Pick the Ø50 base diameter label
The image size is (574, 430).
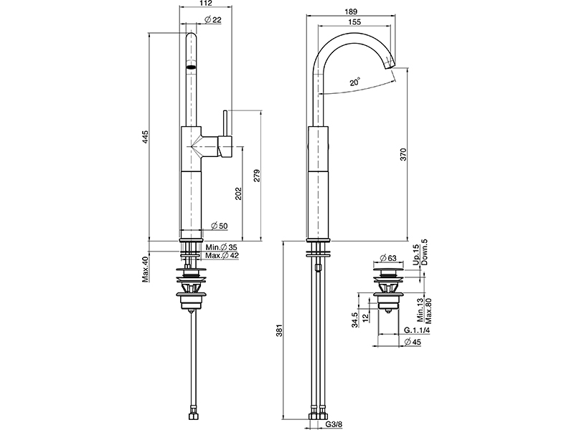tap(219, 226)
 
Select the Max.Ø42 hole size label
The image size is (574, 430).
tap(222, 256)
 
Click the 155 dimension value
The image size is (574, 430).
tap(353, 22)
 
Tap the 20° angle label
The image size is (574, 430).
tap(355, 82)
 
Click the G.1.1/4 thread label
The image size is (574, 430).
tap(417, 330)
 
